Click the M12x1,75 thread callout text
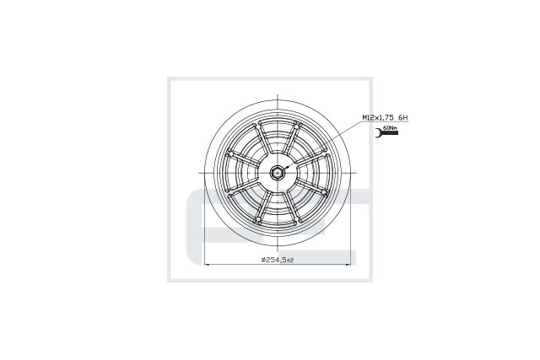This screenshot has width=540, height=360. coord(377,118)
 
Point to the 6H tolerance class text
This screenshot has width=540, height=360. coord(403,118)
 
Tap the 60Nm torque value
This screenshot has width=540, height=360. coord(391,127)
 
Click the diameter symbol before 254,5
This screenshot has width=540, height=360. coord(263,260)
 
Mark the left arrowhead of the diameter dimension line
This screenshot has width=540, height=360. coord(208,265)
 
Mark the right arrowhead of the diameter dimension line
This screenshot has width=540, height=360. coord(348,265)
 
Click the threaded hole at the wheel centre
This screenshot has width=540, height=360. coord(277,172)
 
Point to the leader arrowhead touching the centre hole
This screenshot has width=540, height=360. coord(285,168)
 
